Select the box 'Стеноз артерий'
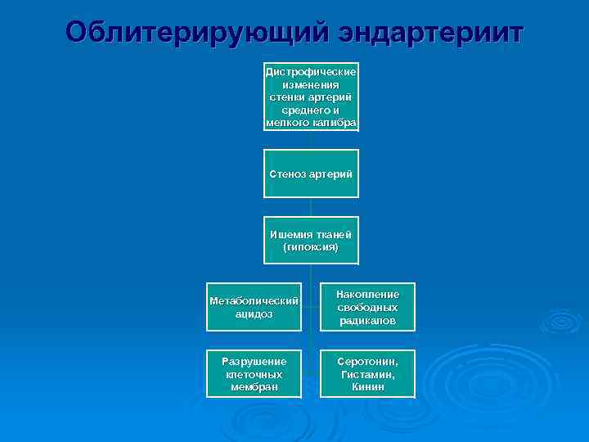coord(311,174)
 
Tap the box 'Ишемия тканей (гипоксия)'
coord(311,241)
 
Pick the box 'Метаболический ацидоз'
coord(254,307)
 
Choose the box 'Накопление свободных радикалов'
coord(367,307)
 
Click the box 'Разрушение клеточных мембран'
coord(254,373)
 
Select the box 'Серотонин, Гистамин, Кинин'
coord(367,373)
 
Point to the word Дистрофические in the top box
coord(311,72)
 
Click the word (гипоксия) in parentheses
coord(310,246)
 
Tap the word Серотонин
coord(367,361)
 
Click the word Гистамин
coord(367,373)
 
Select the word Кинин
coord(367,386)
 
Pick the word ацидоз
coord(254,313)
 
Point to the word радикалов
coord(367,321)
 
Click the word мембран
coord(254,386)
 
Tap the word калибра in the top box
coord(335,122)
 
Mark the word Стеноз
coord(288,174)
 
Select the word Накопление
coord(367,294)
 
